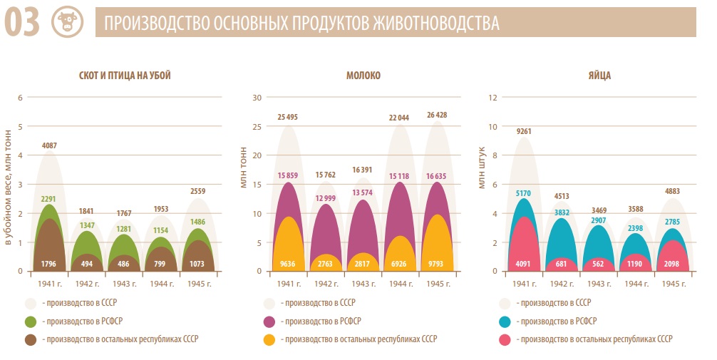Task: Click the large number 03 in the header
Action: point(22,22)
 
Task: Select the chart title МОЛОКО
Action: point(363,76)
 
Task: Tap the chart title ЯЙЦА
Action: point(599,76)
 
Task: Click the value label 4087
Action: point(50,146)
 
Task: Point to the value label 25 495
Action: point(289,117)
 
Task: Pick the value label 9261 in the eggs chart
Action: point(525,131)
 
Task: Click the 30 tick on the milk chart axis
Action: point(258,98)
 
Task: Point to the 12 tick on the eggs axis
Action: point(492,98)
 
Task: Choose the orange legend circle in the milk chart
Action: point(269,339)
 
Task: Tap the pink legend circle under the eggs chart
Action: point(507,339)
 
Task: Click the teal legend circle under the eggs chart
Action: point(507,321)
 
